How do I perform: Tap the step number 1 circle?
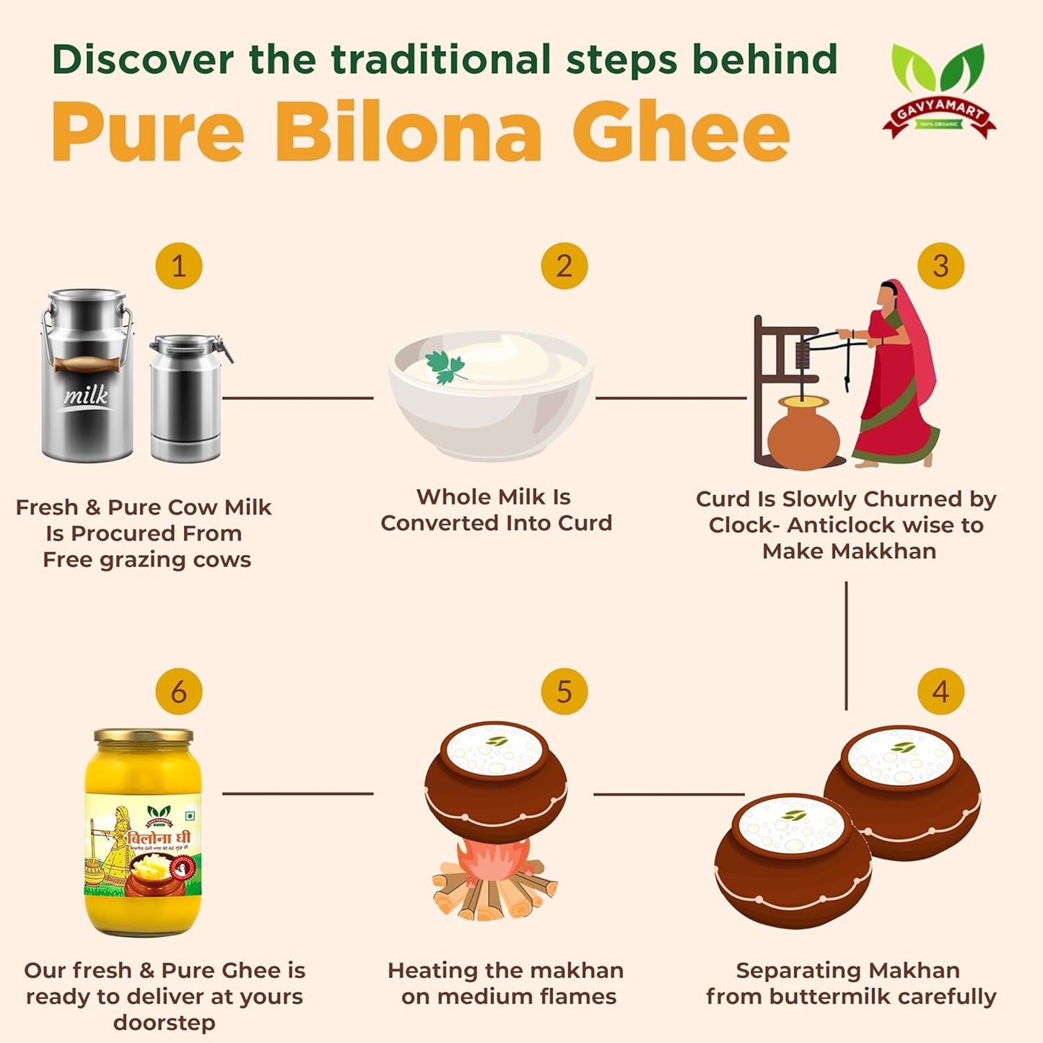pyautogui.click(x=178, y=266)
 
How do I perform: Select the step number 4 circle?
pyautogui.click(x=940, y=691)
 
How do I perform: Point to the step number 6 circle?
pyautogui.click(x=178, y=691)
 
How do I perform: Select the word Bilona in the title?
pyautogui.click(x=408, y=133)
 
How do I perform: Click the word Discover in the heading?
pyautogui.click(x=143, y=59)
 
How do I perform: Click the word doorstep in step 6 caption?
pyautogui.click(x=164, y=1023)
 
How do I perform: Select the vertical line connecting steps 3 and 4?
pyautogui.click(x=846, y=646)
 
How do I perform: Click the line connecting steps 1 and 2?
pyautogui.click(x=297, y=398)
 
